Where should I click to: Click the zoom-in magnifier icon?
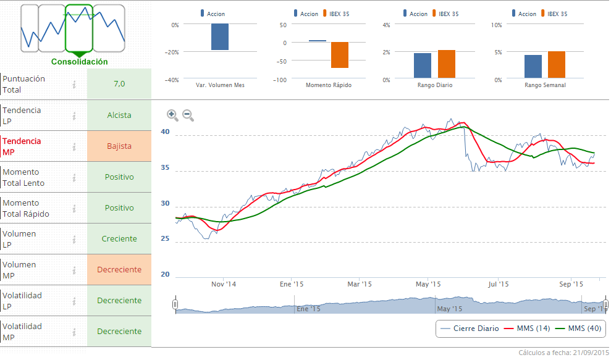(x=172, y=115)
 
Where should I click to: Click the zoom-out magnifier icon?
(x=188, y=115)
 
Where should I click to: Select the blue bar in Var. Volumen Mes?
(x=220, y=37)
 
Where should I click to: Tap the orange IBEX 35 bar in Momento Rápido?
(x=340, y=55)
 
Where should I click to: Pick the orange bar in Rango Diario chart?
(x=446, y=64)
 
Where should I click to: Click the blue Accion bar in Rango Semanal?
(x=533, y=66)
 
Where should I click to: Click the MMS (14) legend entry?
(x=527, y=329)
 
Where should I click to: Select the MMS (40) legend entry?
(x=578, y=329)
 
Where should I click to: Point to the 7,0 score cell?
(x=119, y=84)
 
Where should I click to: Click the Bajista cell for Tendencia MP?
(x=119, y=146)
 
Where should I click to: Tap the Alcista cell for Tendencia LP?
(x=119, y=115)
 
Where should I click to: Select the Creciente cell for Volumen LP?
(x=119, y=239)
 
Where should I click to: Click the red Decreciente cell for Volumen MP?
(x=119, y=270)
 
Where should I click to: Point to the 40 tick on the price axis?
(x=165, y=132)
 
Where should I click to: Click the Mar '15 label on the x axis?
(x=360, y=285)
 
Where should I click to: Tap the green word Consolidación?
(x=79, y=62)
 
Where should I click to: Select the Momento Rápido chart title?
(x=329, y=85)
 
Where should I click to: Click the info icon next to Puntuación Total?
(x=74, y=85)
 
